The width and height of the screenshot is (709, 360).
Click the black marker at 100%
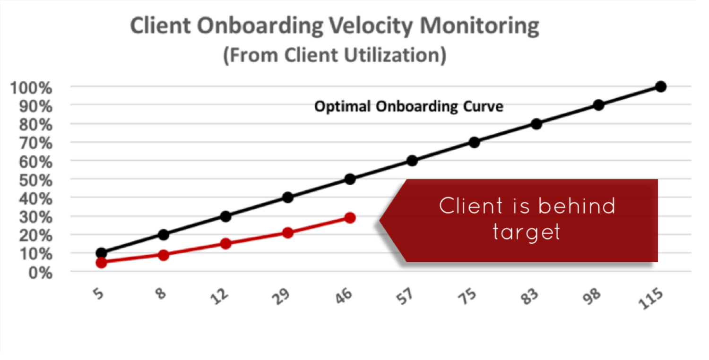(660, 86)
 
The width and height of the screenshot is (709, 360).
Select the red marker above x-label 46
(350, 218)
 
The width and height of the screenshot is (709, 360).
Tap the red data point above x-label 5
(101, 263)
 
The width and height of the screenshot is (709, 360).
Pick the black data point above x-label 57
(412, 161)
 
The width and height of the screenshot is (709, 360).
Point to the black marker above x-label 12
(225, 216)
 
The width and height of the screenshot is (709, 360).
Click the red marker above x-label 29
(288, 233)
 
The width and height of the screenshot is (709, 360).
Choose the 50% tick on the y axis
(36, 180)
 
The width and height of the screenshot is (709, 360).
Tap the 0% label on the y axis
(41, 273)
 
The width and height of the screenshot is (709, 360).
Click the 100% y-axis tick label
(31, 88)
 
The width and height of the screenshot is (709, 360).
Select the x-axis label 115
(650, 298)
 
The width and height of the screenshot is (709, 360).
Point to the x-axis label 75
(467, 296)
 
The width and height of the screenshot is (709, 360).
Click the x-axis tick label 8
(161, 293)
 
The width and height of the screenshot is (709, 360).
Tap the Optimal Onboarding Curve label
(409, 106)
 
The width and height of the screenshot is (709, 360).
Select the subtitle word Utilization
(396, 55)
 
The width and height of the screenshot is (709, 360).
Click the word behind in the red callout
(577, 206)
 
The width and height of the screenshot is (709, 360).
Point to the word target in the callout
(527, 232)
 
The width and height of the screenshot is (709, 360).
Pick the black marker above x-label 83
(536, 124)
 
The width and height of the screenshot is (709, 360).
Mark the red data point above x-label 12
(225, 244)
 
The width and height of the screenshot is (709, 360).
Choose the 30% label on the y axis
(36, 218)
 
